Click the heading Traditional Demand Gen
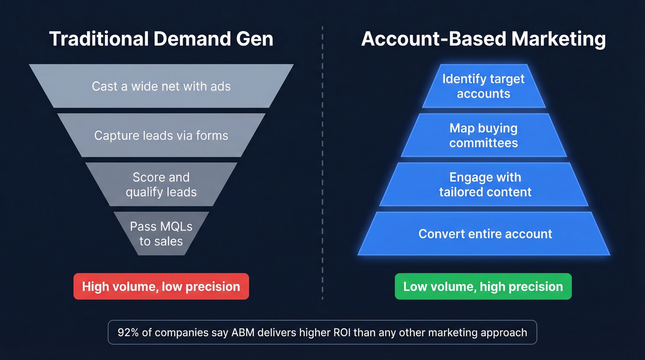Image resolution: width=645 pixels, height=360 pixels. tap(161, 39)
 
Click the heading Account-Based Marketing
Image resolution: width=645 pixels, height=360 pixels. tap(483, 39)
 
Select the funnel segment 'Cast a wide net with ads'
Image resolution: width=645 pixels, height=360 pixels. tap(161, 86)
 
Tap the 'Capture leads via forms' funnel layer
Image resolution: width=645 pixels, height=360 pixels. tap(161, 136)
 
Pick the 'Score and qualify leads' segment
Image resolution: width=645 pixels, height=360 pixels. tap(161, 184)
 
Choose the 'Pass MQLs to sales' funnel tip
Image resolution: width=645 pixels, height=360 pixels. tap(161, 234)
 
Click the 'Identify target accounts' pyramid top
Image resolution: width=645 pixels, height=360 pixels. tap(483, 86)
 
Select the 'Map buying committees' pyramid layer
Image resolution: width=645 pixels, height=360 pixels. tap(483, 136)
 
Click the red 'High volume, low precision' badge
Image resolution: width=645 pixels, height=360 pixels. tap(161, 287)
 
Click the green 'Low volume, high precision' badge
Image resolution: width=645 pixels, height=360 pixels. tap(483, 287)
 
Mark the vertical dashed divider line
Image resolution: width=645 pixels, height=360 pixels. tap(322, 161)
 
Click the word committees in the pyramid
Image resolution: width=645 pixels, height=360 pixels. tap(483, 143)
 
